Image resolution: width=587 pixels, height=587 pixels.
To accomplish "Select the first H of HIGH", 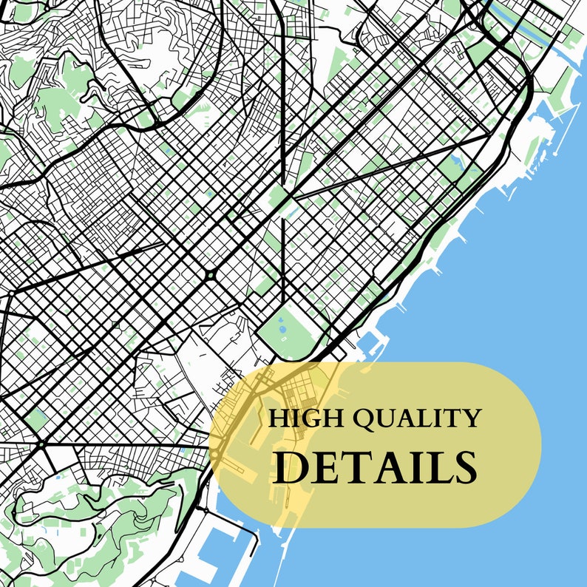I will point(278,419).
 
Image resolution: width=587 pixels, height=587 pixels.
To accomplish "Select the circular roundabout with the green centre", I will point(211,275).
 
